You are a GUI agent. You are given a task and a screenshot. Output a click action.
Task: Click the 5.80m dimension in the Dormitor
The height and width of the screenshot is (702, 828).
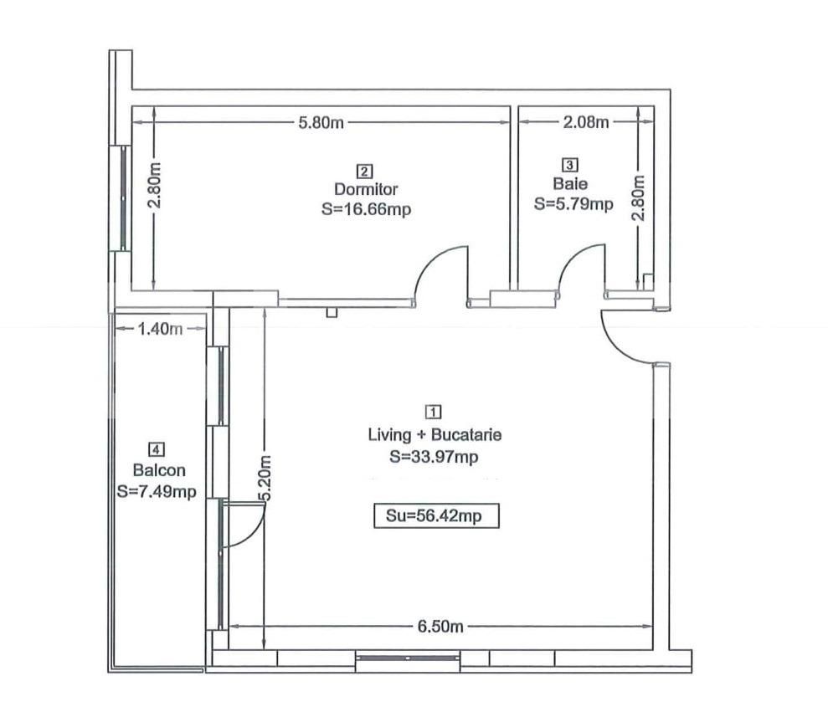(x=321, y=122)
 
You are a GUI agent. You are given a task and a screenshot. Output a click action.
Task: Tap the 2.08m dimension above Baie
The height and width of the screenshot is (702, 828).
(x=585, y=122)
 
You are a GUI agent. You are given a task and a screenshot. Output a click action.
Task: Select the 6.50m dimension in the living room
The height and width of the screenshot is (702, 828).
(x=440, y=627)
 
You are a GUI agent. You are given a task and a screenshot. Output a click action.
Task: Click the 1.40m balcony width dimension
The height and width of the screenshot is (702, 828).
(x=159, y=329)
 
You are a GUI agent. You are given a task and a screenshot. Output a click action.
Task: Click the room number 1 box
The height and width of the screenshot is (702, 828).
(x=434, y=412)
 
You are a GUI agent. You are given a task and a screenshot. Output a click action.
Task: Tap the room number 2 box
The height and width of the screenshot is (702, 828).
(x=365, y=172)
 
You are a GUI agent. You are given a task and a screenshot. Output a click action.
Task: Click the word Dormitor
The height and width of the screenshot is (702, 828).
(x=366, y=190)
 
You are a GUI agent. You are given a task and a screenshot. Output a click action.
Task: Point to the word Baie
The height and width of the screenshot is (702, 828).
(x=570, y=183)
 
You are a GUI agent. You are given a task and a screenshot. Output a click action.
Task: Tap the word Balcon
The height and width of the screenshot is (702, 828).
(x=158, y=470)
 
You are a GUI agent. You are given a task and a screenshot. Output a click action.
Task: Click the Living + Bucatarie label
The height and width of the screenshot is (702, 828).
(x=435, y=435)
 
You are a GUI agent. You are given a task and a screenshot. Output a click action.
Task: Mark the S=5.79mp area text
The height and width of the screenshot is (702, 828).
(x=573, y=203)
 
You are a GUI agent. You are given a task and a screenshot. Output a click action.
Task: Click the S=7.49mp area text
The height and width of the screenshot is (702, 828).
(x=157, y=492)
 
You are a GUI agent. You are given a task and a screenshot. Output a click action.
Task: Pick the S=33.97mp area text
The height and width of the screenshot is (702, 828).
(x=434, y=457)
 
